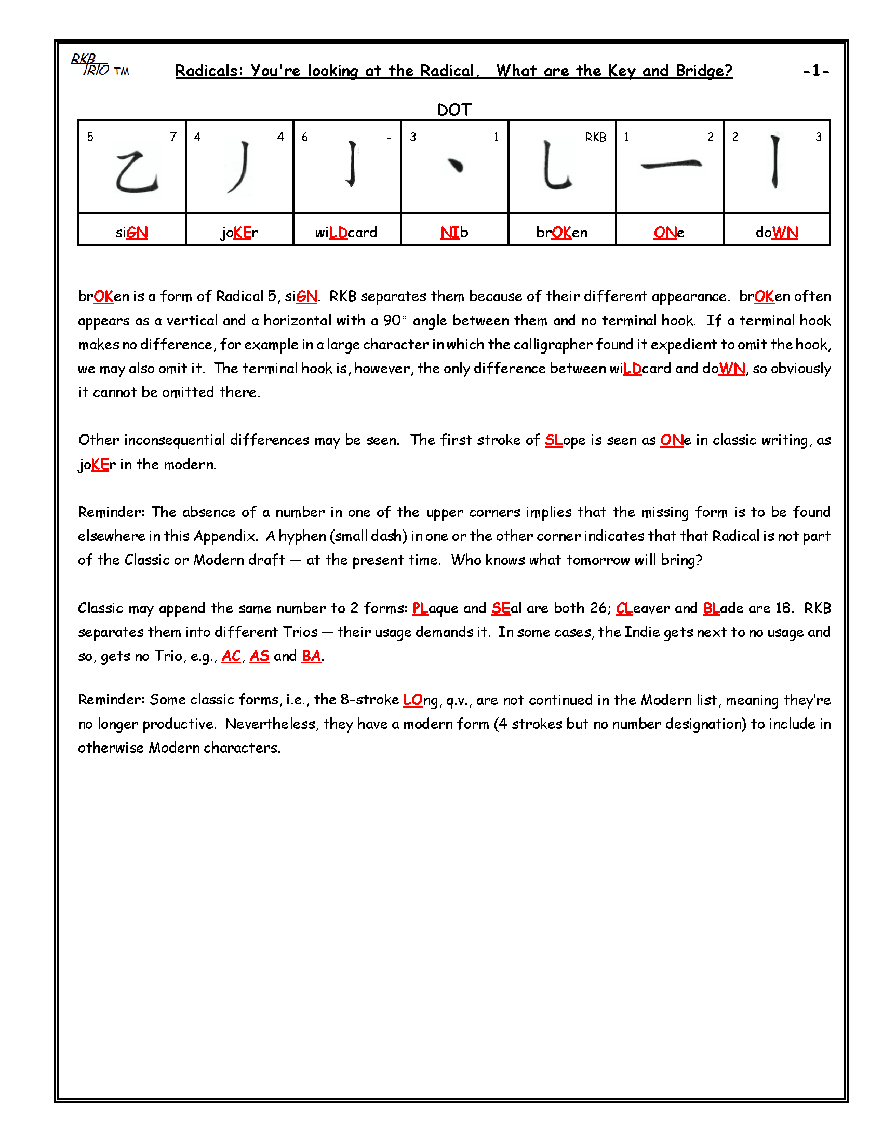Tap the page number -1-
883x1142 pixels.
[x=815, y=71]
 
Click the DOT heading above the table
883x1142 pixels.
[x=454, y=110]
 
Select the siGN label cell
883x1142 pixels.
[x=132, y=232]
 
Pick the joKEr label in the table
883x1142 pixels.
[x=239, y=232]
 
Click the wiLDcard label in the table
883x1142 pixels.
[x=346, y=232]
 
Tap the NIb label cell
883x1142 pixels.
[x=454, y=232]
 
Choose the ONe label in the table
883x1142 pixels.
[x=668, y=232]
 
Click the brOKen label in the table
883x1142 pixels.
[x=561, y=232]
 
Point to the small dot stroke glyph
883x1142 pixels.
[x=456, y=165]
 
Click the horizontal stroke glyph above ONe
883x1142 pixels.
[x=671, y=165]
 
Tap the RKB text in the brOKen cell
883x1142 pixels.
[x=595, y=137]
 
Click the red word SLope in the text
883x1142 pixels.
[x=565, y=440]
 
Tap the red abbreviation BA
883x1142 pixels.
[x=311, y=656]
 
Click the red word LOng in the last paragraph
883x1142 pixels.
[x=420, y=700]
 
